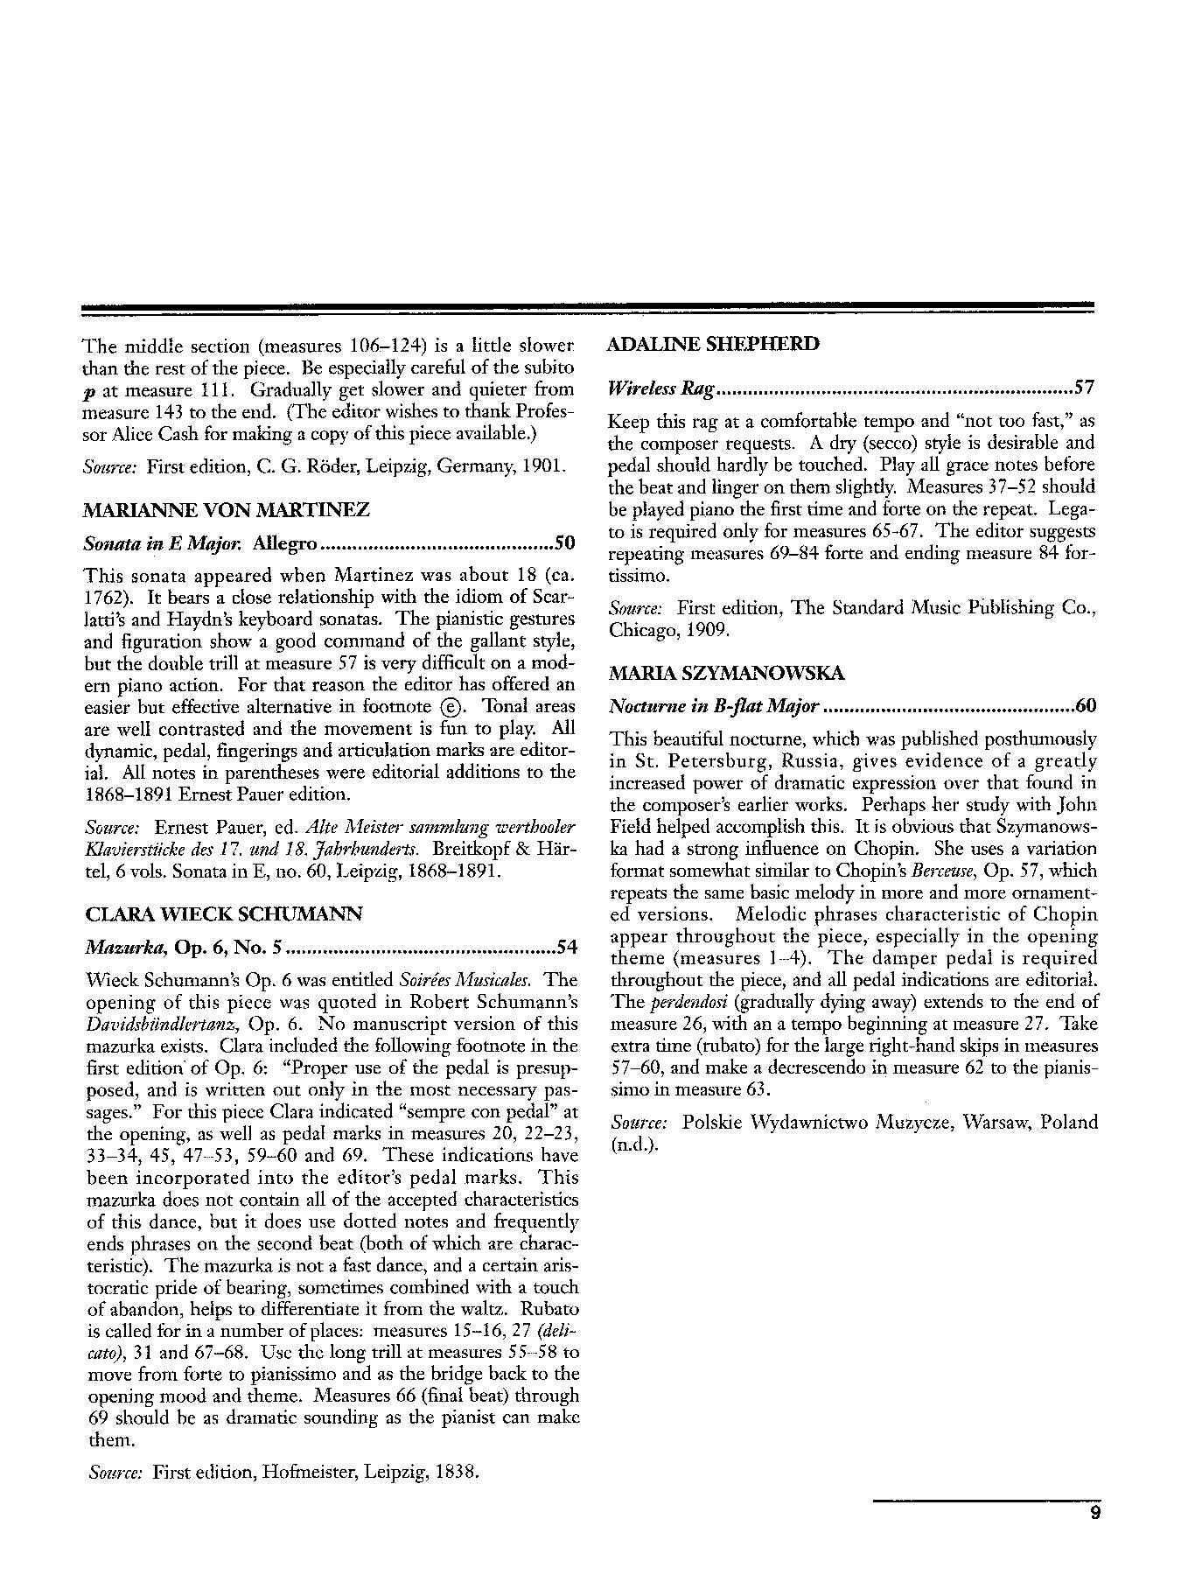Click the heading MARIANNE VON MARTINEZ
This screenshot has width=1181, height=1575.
click(227, 509)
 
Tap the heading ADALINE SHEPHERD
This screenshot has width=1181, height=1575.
click(713, 344)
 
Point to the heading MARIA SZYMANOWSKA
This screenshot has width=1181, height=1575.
click(726, 673)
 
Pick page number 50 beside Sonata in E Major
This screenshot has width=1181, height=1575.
click(564, 543)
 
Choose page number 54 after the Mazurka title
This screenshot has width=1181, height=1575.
click(567, 948)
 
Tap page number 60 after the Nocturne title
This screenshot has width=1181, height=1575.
click(1085, 705)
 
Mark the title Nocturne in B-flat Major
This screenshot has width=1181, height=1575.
click(714, 705)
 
